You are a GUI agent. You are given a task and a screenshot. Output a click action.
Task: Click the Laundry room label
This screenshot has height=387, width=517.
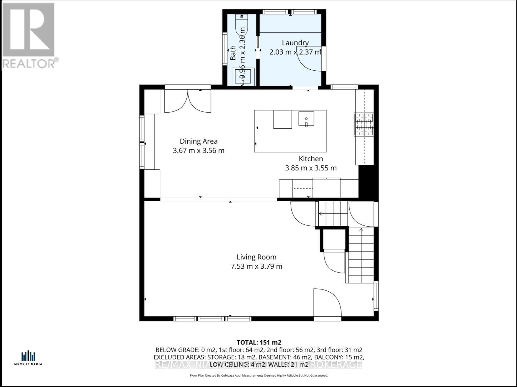pyautogui.click(x=295, y=43)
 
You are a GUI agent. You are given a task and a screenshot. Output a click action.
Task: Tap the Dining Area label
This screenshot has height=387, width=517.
pyautogui.click(x=198, y=141)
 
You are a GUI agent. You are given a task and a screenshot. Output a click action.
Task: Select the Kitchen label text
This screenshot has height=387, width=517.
pyautogui.click(x=311, y=159)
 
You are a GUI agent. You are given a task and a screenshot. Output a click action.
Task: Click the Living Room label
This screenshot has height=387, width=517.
pyautogui.click(x=256, y=257)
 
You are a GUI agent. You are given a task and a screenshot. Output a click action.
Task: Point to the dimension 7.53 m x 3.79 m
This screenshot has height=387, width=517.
pyautogui.click(x=256, y=266)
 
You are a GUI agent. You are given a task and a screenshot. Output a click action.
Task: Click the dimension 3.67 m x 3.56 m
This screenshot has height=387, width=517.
pyautogui.click(x=198, y=150)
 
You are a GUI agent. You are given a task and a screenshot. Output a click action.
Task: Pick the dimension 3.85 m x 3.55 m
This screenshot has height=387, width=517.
pyautogui.click(x=311, y=168)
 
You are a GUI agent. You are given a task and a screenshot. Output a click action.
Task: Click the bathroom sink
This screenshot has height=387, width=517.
pyautogui.click(x=243, y=75)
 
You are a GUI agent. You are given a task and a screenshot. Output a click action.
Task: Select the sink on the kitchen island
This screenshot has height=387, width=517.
pyautogui.click(x=306, y=119)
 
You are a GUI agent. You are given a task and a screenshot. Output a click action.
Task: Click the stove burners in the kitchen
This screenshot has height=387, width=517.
pyautogui.click(x=364, y=124)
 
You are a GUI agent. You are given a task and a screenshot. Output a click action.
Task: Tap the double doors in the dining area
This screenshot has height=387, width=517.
pyautogui.click(x=188, y=101)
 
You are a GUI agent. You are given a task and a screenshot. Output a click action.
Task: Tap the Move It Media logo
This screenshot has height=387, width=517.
pyautogui.click(x=28, y=358)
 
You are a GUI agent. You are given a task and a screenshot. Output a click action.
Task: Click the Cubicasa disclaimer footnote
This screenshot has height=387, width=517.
pyautogui.click(x=258, y=376)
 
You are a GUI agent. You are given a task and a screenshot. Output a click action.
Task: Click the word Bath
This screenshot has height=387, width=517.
pyautogui.click(x=233, y=53)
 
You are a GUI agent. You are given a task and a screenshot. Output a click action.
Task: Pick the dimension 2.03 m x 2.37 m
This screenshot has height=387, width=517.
pyautogui.click(x=295, y=52)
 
